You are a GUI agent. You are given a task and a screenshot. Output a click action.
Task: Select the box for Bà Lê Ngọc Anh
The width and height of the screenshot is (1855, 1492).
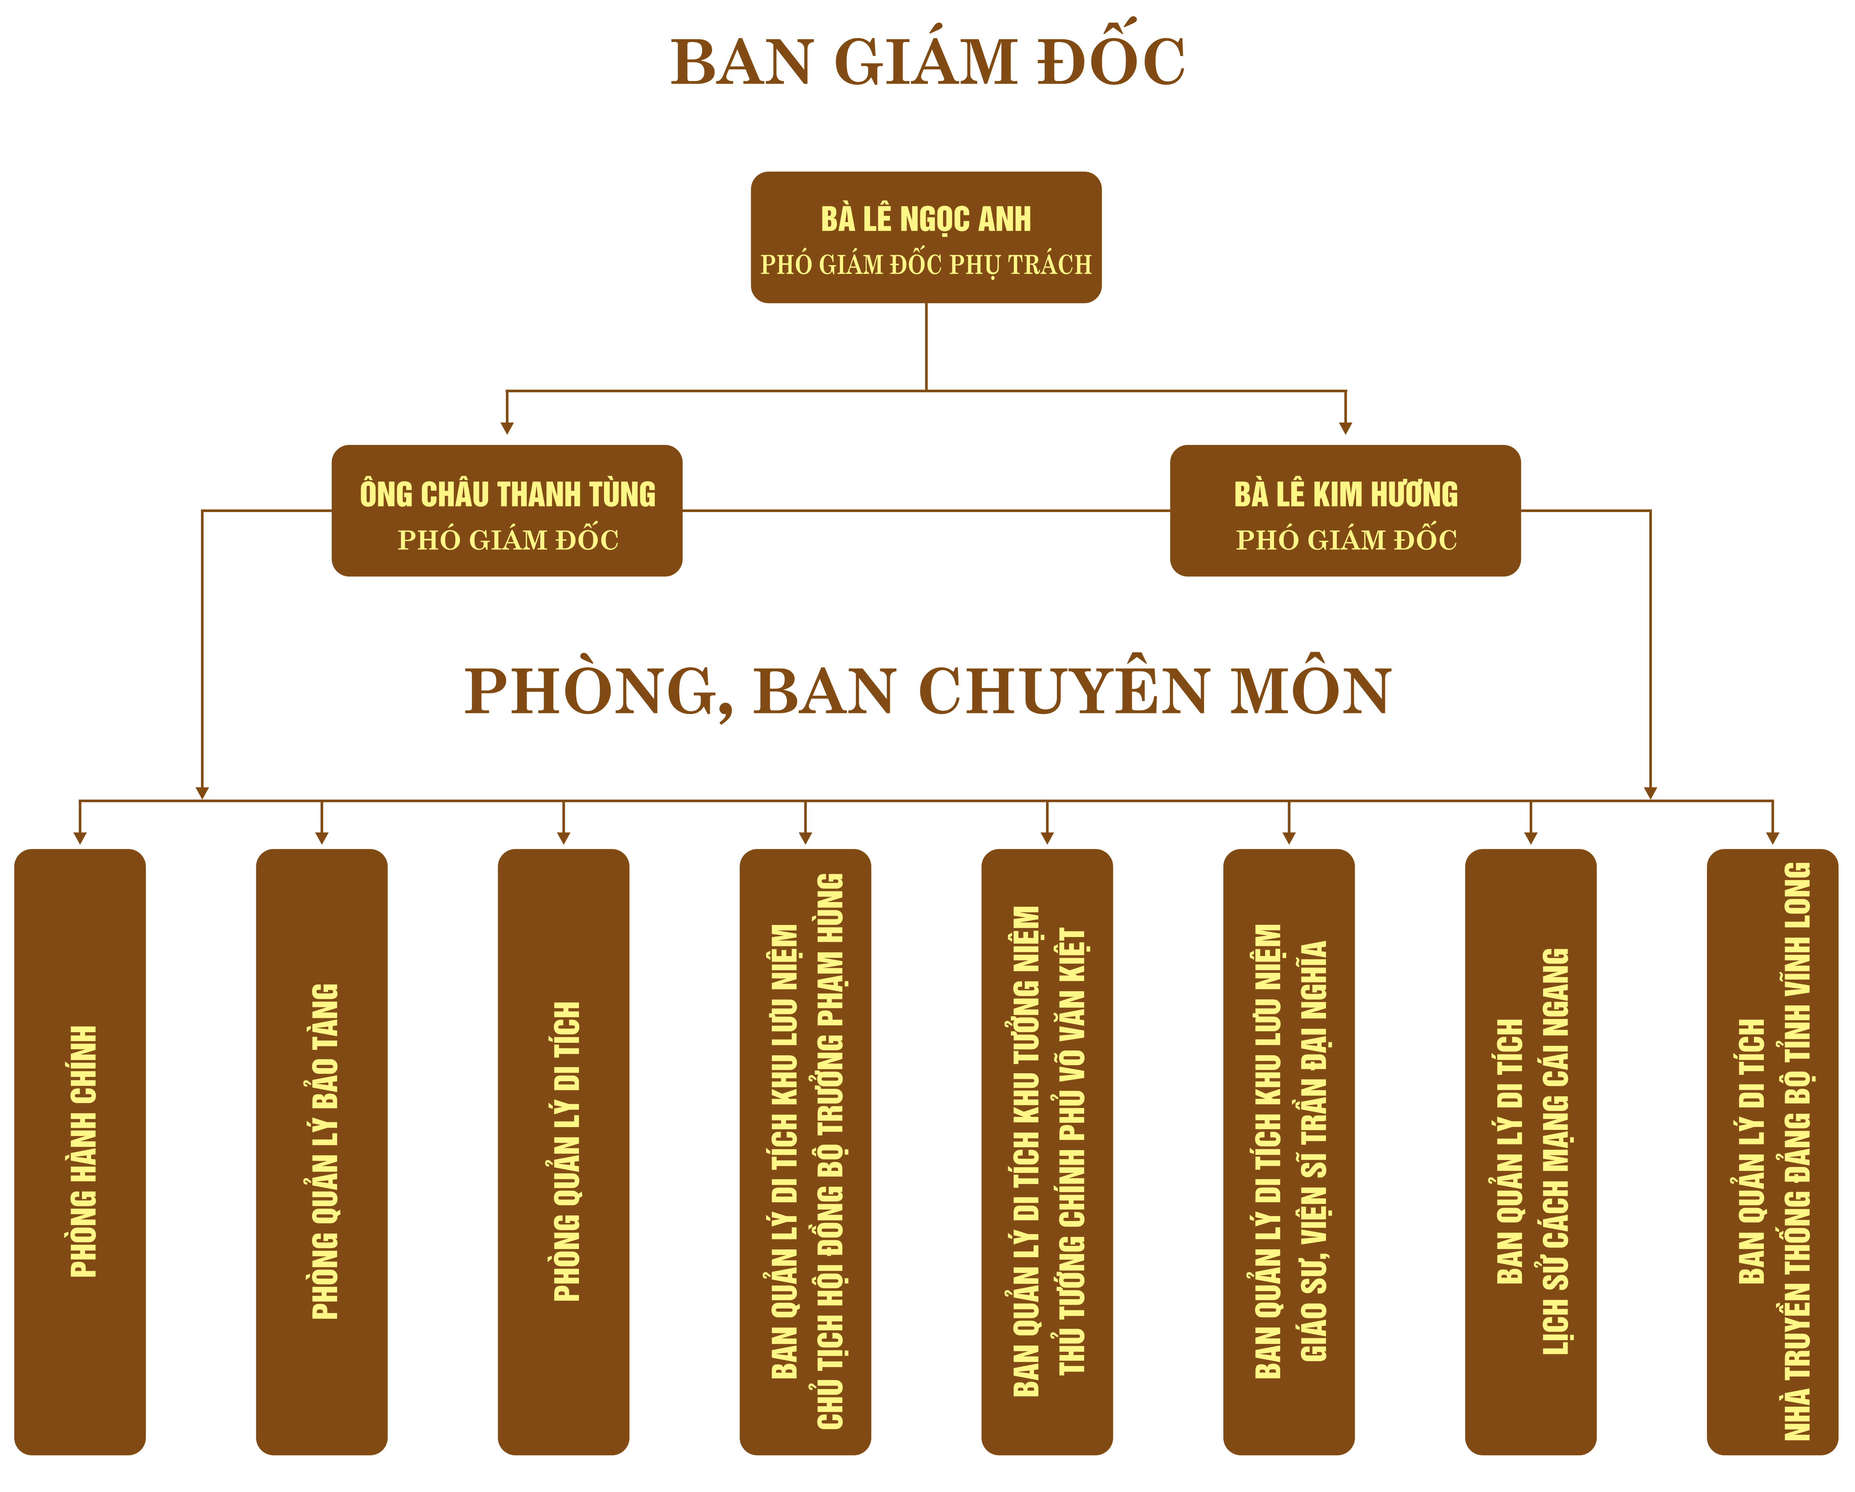(x=926, y=237)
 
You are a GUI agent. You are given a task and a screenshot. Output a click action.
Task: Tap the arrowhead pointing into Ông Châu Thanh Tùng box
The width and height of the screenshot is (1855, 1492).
(x=507, y=428)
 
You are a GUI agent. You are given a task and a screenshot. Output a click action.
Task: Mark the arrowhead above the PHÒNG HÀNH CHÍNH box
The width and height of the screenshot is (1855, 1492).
(x=80, y=838)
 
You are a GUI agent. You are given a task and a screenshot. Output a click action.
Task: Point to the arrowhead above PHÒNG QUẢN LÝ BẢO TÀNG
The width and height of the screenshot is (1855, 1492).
(x=322, y=838)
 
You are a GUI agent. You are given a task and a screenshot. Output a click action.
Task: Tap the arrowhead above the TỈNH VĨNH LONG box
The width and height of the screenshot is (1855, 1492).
(x=1772, y=838)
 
